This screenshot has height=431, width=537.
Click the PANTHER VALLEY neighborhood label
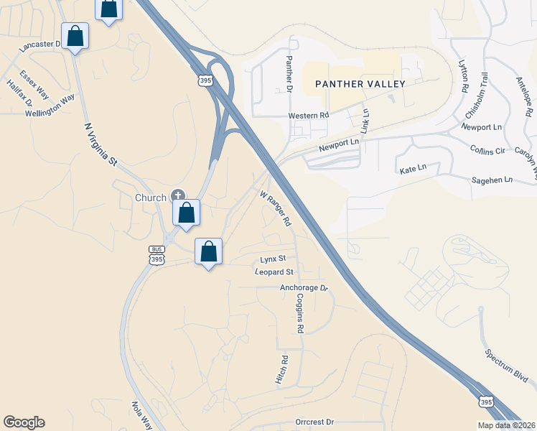click(x=361, y=84)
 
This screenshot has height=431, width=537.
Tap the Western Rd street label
click(x=308, y=115)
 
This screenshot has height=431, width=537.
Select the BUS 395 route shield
click(x=157, y=255)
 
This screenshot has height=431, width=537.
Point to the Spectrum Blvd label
click(x=507, y=366)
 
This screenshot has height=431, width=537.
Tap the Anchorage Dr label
click(x=304, y=288)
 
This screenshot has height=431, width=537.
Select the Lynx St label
click(x=273, y=258)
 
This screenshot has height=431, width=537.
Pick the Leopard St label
click(x=274, y=272)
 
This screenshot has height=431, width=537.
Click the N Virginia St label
click(x=101, y=144)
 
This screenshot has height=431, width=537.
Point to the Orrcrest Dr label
click(x=315, y=422)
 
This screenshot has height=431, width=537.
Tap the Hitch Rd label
click(x=282, y=370)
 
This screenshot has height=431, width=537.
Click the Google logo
click(x=24, y=422)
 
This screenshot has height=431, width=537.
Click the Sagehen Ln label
click(x=492, y=180)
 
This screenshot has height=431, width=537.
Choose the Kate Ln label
click(x=413, y=168)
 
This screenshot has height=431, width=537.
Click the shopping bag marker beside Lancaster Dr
click(x=75, y=36)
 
